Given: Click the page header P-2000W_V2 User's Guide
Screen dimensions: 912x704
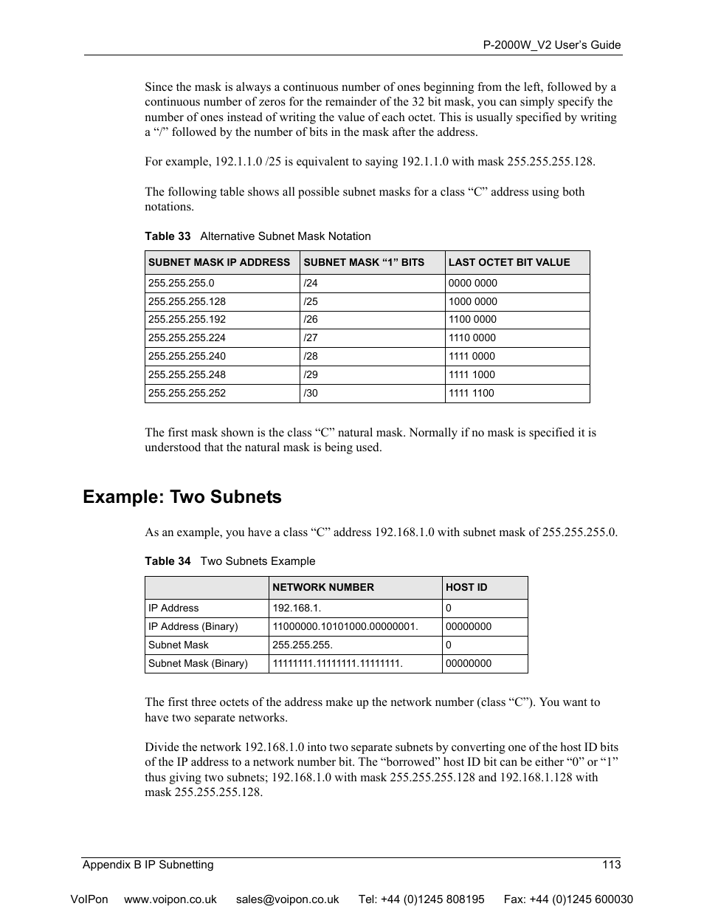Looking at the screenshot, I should [551, 45].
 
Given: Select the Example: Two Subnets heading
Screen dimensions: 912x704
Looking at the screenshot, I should [182, 497].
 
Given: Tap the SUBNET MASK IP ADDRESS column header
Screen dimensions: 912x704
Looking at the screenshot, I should [219, 262].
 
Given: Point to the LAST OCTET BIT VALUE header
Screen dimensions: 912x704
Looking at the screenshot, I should [509, 262].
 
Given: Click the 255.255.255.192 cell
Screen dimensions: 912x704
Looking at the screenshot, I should [187, 320].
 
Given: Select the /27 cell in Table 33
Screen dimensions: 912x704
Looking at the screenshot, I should [311, 338].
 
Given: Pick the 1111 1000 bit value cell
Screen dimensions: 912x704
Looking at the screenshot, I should [472, 374].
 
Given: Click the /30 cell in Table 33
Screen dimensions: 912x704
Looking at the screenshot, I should [311, 393].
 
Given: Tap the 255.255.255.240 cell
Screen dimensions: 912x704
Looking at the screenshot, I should [187, 356].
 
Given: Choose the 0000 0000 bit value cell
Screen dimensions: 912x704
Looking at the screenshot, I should [472, 283].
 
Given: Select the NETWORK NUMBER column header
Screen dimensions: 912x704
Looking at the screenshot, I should [323, 587].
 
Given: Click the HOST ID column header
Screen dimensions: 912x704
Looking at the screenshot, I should [466, 587].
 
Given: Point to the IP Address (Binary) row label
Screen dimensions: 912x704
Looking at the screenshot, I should [193, 626].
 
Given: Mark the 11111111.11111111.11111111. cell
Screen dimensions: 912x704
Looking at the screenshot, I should [337, 663].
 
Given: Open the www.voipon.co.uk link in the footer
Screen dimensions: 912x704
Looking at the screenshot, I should [170, 899].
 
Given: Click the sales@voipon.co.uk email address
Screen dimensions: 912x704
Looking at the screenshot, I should [287, 899].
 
